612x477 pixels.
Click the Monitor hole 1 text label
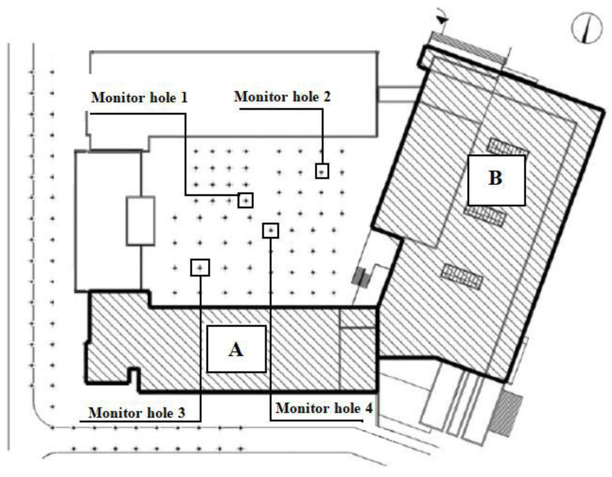point(139,97)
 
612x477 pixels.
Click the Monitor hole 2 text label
point(282,96)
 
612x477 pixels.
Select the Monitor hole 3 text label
point(136,412)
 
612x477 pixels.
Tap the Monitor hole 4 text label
point(324,408)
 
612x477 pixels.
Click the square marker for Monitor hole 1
point(246,201)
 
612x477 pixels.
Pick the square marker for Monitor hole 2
point(322,171)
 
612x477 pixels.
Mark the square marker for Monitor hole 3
point(200,268)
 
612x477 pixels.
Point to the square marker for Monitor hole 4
point(270,230)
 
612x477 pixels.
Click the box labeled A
point(236,349)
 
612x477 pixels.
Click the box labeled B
point(496,180)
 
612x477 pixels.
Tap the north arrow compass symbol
point(587,28)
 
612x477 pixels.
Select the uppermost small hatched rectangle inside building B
point(506,147)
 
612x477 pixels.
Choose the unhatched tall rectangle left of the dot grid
point(140,221)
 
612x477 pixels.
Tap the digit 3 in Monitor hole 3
point(181,413)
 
